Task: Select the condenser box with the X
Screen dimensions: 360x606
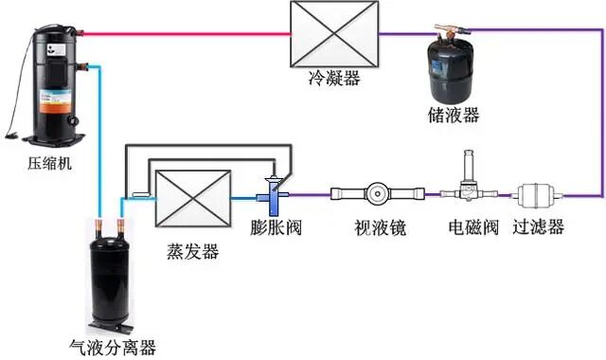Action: pos(335,35)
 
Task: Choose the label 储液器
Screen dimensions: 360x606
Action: pos(453,116)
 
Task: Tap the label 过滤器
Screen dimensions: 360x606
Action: pos(538,227)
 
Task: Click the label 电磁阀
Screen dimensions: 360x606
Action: pos(468,227)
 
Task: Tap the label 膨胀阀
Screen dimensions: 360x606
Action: pos(276,228)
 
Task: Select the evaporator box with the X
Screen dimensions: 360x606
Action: pos(192,196)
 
